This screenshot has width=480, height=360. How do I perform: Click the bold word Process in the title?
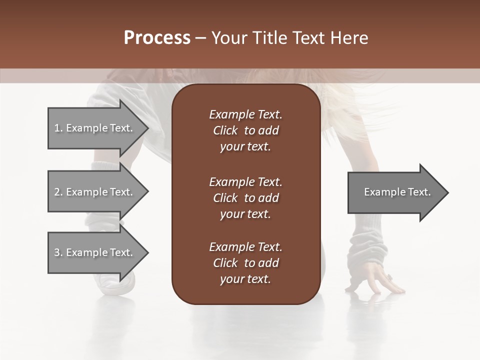coord(157,38)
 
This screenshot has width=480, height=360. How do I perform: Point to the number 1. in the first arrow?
coord(58,128)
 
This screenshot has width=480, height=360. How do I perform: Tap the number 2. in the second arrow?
coord(58,192)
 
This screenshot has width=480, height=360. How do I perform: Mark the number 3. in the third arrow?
coord(58,252)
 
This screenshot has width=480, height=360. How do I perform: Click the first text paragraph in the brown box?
coord(245,130)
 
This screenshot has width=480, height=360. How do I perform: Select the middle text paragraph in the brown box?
coord(245,197)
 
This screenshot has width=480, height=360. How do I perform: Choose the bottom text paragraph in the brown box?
coord(245,263)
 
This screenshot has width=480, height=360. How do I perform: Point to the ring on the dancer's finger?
coord(388,276)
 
